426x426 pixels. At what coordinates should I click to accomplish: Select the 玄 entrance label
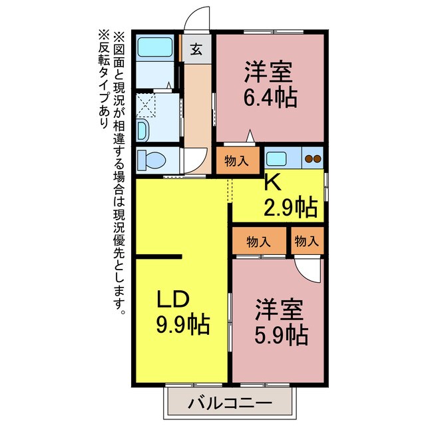coord(197,49)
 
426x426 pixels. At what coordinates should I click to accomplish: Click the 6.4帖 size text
coord(270,97)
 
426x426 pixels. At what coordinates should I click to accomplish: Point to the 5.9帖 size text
coord(280,333)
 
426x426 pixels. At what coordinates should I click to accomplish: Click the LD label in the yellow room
coord(174,299)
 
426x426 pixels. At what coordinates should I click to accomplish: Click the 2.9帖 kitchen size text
coord(292,208)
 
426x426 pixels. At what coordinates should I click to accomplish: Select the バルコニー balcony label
coord(229,403)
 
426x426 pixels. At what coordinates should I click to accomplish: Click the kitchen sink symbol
coord(276,159)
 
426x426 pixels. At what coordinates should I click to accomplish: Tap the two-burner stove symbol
coord(312,159)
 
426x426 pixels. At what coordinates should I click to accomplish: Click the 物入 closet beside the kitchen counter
coord(238,160)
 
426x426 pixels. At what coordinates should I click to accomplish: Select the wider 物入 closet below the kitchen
coord(259,241)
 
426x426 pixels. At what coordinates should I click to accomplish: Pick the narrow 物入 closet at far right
coord(307,241)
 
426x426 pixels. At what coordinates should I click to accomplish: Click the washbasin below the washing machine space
coord(143,128)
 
